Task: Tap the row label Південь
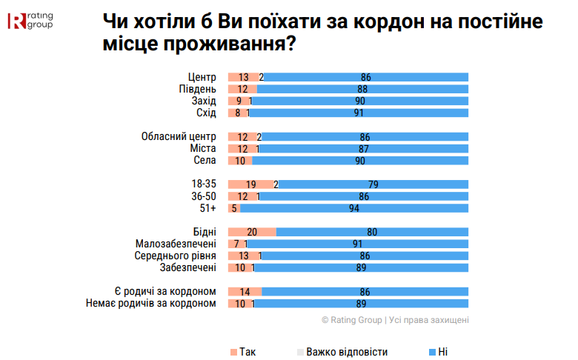(x=197, y=89)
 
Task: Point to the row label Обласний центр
(x=178, y=136)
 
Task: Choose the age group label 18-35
(x=203, y=184)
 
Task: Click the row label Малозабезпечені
(x=176, y=244)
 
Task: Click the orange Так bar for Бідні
(x=252, y=232)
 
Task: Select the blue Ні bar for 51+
(x=354, y=208)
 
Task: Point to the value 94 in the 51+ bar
(x=353, y=208)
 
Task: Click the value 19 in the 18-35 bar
(x=251, y=184)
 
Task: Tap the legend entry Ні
(x=438, y=351)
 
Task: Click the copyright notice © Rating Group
(x=395, y=320)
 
